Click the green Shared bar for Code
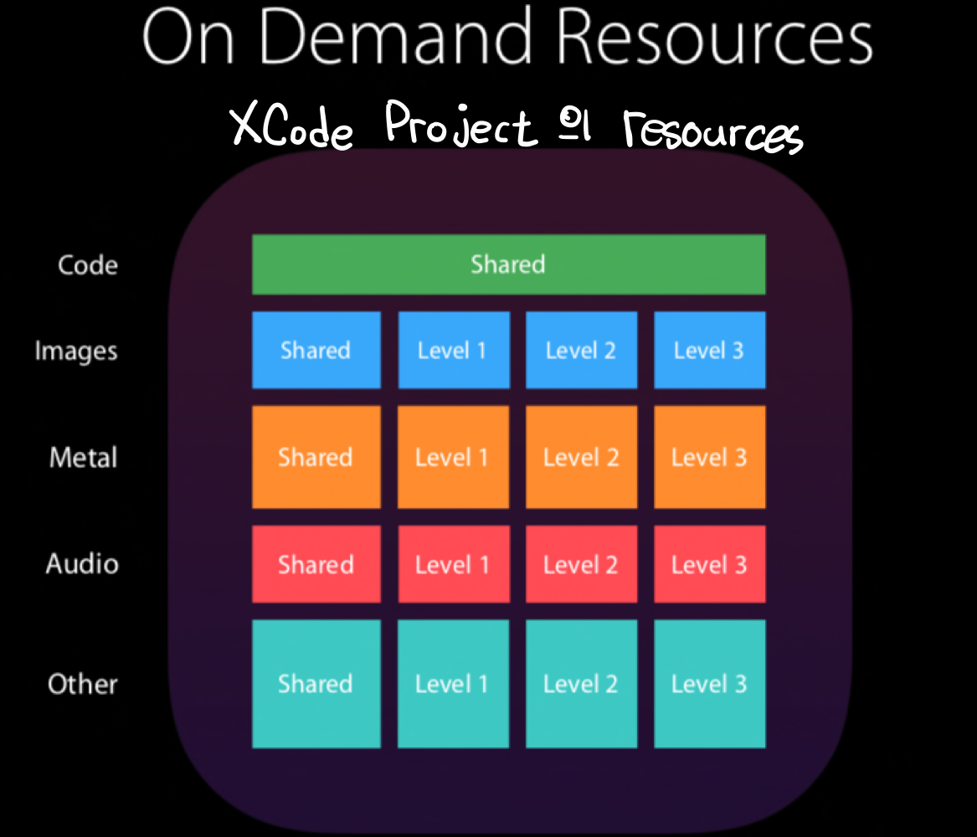pos(508,264)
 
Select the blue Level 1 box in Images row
pos(453,350)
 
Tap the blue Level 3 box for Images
pos(709,350)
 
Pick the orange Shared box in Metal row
pos(316,457)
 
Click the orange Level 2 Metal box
pos(581,457)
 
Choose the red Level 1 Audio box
pos(453,564)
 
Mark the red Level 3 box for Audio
pos(709,564)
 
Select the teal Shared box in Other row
pos(316,684)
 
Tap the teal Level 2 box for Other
pos(581,684)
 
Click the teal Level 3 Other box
pos(709,684)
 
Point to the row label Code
pos(88,265)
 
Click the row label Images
pos(76,351)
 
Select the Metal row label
pos(84,458)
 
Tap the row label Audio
pos(82,564)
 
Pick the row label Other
pos(83,684)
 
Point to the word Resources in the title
pos(713,39)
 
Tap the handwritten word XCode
pos(292,127)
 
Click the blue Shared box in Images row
pos(316,350)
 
